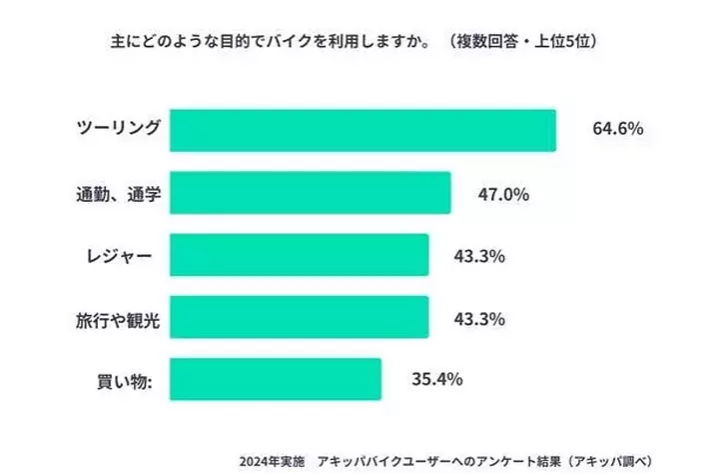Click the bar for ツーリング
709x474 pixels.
point(362,130)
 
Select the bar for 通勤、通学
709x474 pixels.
point(310,193)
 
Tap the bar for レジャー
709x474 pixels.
point(299,255)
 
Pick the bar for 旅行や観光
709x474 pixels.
point(299,317)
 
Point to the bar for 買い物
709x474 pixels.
point(275,379)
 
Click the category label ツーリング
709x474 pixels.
point(119,129)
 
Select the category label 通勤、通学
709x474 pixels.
point(118,193)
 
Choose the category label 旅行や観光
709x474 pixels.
point(118,318)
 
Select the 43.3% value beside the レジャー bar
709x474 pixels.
point(479,255)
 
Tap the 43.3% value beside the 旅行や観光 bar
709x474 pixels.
point(479,318)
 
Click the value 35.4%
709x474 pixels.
point(434,380)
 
